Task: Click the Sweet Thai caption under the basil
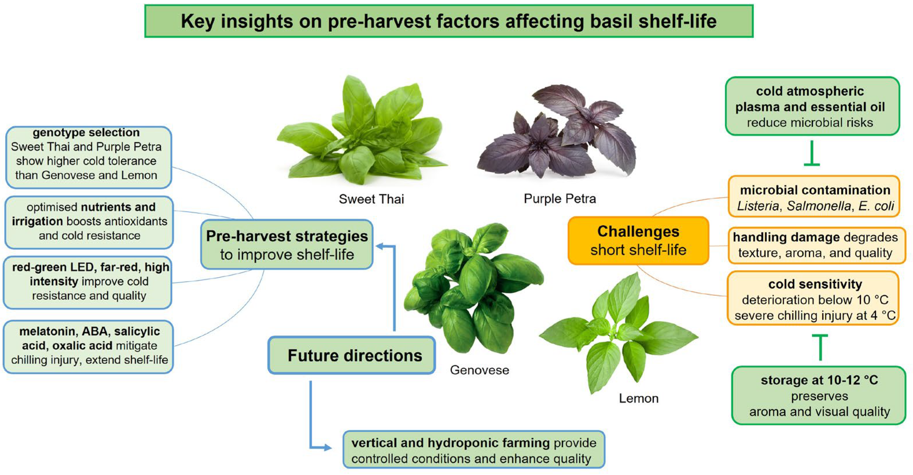tap(371, 199)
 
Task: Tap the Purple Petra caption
tap(560, 199)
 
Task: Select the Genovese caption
tap(479, 370)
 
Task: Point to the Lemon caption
tap(639, 398)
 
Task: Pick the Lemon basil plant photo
tap(619, 333)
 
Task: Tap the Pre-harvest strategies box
tap(287, 245)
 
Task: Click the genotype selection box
tap(88, 157)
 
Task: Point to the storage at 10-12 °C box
tap(819, 396)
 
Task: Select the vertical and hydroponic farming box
tap(474, 450)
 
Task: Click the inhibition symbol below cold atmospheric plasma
tap(811, 153)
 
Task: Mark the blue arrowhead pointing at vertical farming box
tap(327, 448)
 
